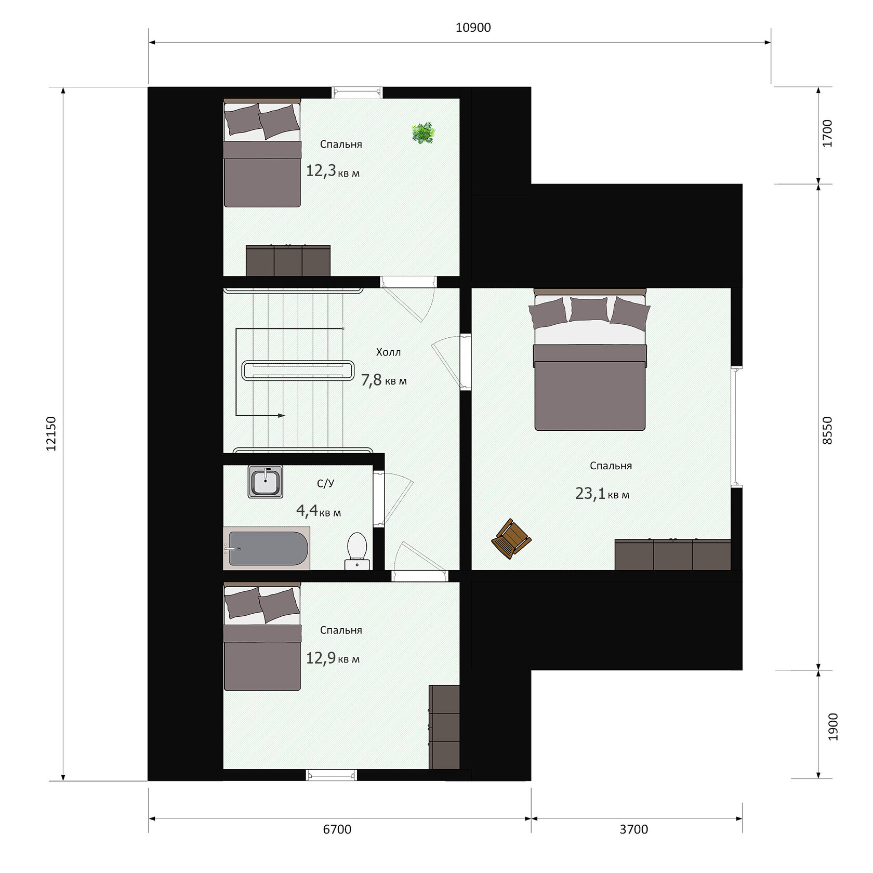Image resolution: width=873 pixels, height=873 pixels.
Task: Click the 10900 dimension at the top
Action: point(473,28)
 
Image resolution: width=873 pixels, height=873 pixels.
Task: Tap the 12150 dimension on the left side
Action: point(51,433)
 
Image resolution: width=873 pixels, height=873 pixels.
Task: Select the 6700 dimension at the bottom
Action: point(337,829)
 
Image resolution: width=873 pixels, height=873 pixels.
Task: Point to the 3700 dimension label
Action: point(634,829)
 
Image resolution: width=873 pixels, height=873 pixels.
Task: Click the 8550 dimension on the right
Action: point(828,430)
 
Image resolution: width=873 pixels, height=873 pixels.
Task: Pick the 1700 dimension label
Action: point(828,134)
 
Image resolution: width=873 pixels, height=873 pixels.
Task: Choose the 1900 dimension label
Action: point(833,726)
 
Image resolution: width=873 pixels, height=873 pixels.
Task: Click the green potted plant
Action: point(423,133)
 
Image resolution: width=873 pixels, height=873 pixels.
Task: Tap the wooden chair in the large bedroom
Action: point(511,539)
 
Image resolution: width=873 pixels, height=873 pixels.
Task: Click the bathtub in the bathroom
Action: point(267,548)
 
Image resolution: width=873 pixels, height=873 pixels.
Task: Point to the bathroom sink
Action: point(266,481)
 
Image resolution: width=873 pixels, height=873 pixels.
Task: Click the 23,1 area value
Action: point(590,493)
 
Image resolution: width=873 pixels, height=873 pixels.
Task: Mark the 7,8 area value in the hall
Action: point(372,380)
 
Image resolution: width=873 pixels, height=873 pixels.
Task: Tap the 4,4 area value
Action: point(307,511)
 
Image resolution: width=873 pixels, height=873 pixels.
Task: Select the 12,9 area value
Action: point(321,658)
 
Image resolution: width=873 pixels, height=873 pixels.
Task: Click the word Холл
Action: point(389,352)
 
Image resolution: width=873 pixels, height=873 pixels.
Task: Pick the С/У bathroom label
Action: point(326,484)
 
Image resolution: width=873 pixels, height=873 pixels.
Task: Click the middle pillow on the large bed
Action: point(589,310)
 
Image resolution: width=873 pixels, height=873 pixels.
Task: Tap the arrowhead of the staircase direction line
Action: point(282,416)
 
